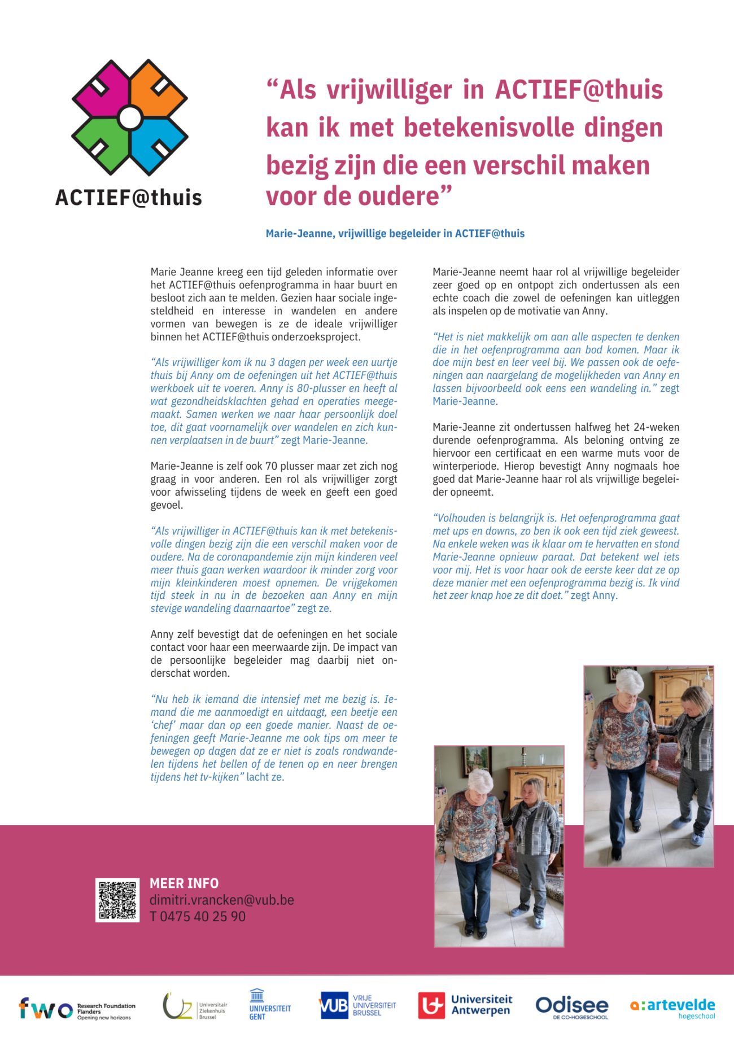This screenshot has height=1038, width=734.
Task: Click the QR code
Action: click(x=117, y=900)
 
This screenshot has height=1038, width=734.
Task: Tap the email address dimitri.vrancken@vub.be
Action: click(x=221, y=900)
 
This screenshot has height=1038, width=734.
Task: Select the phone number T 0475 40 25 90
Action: click(x=197, y=917)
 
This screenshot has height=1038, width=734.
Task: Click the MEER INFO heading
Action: click(x=183, y=883)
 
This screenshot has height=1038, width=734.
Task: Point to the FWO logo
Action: click(x=77, y=1009)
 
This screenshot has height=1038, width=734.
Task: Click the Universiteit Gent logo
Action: click(x=269, y=1005)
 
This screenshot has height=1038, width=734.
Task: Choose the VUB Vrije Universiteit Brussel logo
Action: click(x=358, y=1005)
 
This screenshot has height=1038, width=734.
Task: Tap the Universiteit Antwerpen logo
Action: click(x=465, y=1005)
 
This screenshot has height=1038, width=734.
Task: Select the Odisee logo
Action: click(x=571, y=1006)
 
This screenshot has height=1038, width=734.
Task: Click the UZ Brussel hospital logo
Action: click(x=195, y=1006)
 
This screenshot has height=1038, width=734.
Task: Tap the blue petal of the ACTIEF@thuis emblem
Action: click(x=158, y=146)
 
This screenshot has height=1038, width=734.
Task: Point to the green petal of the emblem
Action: click(x=102, y=146)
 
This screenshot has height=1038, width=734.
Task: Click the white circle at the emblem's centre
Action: click(x=130, y=118)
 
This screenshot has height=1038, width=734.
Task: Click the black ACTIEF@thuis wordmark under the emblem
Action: click(x=129, y=198)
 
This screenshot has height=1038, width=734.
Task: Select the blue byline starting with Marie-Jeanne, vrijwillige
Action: click(x=395, y=234)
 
